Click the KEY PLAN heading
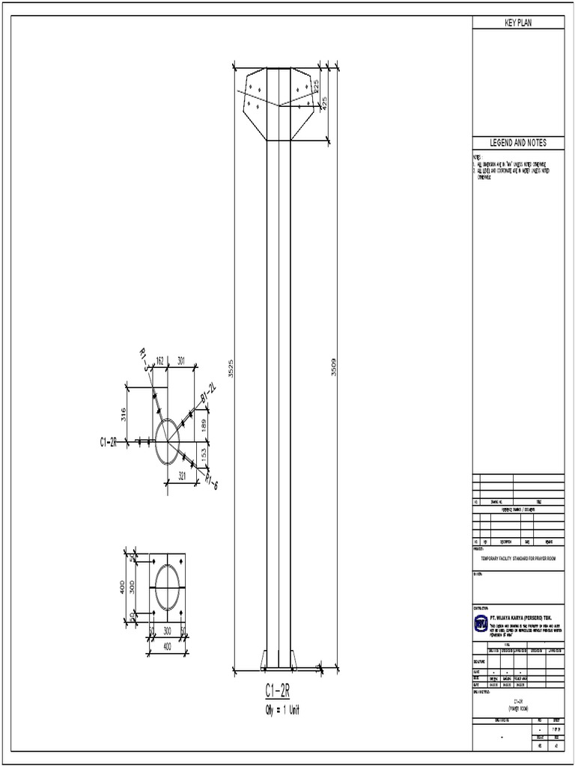[x=517, y=23]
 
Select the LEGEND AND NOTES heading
[x=517, y=143]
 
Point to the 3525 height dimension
[x=231, y=368]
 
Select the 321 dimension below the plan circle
[x=180, y=475]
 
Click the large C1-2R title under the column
[x=277, y=689]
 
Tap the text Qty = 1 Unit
[x=277, y=708]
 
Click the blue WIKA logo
[x=480, y=622]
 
